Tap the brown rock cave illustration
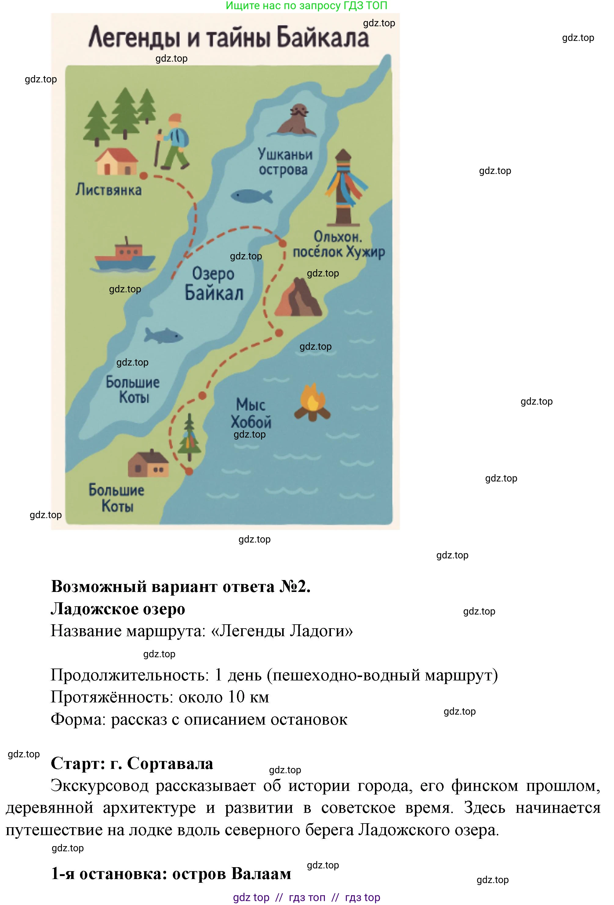point(298,298)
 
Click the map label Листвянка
point(108,190)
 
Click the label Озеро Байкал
point(213,283)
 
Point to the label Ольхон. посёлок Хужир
point(338,244)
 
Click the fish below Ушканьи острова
point(251,196)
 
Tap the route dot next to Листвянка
point(144,176)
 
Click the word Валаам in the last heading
point(261,874)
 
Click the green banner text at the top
point(306,5)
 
